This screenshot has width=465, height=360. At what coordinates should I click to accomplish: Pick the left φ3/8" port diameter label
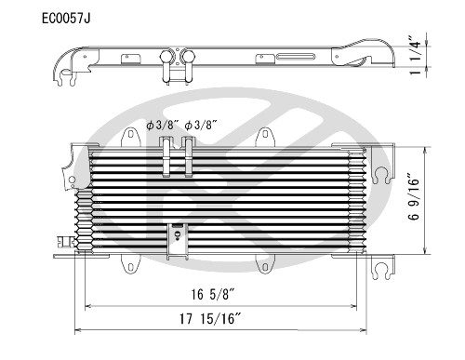click(x=162, y=125)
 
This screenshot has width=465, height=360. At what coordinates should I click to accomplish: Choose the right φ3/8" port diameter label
click(x=200, y=125)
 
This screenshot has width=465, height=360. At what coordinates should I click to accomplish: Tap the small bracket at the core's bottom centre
click(x=175, y=238)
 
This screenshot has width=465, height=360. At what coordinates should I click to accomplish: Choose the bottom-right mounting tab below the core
click(x=270, y=265)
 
